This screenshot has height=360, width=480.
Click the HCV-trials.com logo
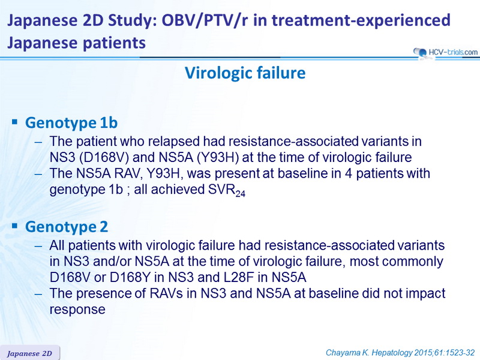[445, 52]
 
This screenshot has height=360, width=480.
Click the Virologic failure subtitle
[245, 73]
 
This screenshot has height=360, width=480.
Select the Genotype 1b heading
[71, 123]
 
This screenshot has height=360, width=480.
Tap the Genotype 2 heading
[67, 227]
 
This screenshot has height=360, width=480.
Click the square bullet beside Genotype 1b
[14, 122]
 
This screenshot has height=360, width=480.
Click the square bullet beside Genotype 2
[14, 226]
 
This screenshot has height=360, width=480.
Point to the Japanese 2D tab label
[29, 353]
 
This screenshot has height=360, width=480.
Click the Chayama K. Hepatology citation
[400, 353]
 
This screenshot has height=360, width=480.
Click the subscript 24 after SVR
[241, 194]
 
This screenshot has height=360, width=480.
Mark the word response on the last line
[77, 310]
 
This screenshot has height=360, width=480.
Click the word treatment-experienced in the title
[361, 21]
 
